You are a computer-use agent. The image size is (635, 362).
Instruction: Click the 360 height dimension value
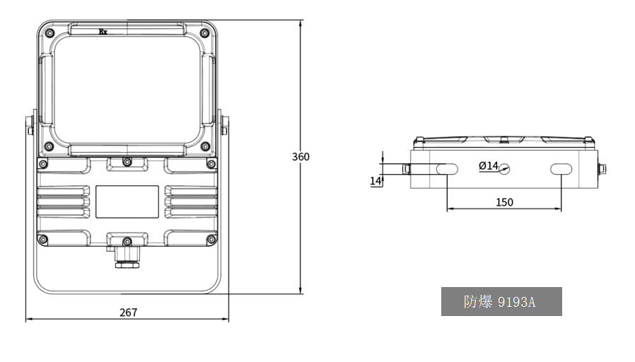pyautogui.click(x=301, y=157)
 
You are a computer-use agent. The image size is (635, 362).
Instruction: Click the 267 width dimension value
pyautogui.click(x=129, y=313)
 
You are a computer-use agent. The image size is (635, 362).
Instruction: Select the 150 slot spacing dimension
pyautogui.click(x=505, y=202)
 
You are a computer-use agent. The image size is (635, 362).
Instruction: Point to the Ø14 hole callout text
pyautogui.click(x=489, y=165)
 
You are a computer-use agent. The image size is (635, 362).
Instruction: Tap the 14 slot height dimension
pyautogui.click(x=375, y=180)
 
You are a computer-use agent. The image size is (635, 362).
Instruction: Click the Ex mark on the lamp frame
pyautogui.click(x=103, y=32)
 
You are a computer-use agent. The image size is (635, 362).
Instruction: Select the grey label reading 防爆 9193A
pyautogui.click(x=501, y=302)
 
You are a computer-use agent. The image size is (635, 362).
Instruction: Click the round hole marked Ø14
pyautogui.click(x=503, y=169)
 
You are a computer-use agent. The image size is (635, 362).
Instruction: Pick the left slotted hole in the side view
pyautogui.click(x=447, y=169)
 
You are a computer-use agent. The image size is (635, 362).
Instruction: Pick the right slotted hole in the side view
pyautogui.click(x=561, y=169)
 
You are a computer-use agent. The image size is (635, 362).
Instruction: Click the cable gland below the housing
pyautogui.click(x=127, y=257)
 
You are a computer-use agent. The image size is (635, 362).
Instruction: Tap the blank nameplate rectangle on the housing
pyautogui.click(x=127, y=202)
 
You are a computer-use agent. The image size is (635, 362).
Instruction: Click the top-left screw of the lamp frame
pyautogui.click(x=49, y=33)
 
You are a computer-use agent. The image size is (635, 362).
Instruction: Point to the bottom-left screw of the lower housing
pyautogui.click(x=42, y=240)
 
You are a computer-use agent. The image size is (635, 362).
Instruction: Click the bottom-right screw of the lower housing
pyautogui.click(x=211, y=240)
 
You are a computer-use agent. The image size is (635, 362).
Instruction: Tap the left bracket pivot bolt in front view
pyautogui.click(x=30, y=126)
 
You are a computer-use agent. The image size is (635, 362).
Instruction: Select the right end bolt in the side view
pyautogui.click(x=602, y=169)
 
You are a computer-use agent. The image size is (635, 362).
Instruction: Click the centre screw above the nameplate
pyautogui.click(x=127, y=162)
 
